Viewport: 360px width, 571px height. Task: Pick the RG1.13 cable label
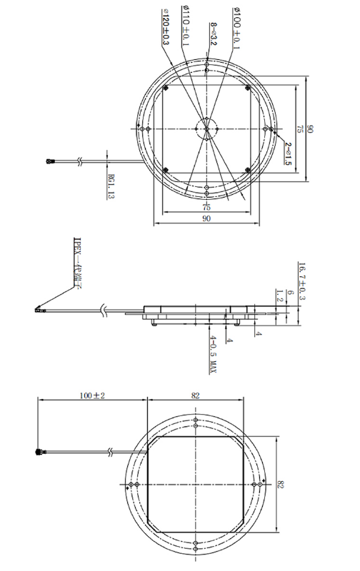110,184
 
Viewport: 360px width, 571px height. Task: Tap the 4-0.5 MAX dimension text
213,351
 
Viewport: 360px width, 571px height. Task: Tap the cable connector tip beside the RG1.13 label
51,162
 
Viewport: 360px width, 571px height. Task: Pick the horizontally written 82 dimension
196,395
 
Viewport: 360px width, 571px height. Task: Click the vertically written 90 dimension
310,129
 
